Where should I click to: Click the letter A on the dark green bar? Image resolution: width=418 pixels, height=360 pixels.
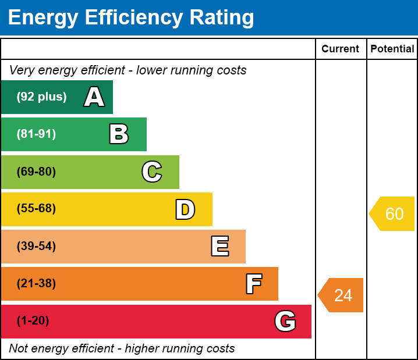coord(94,97)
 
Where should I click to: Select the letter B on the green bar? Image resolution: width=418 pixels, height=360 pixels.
coord(119,134)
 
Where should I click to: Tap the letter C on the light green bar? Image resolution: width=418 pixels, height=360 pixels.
coord(152,172)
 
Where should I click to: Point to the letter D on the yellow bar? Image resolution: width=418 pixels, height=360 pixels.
coord(185,209)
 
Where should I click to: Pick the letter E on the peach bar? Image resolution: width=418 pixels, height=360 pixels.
coord(219,247)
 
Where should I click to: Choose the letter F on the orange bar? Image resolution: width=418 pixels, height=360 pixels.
coord(253,284)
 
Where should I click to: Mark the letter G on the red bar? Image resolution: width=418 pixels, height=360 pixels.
coord(285,321)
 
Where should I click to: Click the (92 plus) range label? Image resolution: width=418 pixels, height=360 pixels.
coord(41,97)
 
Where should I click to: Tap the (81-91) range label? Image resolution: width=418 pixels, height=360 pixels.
coord(36,134)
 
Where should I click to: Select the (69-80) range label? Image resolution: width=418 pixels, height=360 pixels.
coord(36,172)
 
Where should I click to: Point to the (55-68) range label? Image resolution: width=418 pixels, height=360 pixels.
coord(36,209)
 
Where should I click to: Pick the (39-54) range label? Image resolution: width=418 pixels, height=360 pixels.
coord(36,246)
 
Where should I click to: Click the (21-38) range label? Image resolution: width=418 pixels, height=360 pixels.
coord(36,284)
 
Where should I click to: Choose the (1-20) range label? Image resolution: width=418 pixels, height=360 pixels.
coord(33,321)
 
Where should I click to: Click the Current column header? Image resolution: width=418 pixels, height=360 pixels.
coord(341,49)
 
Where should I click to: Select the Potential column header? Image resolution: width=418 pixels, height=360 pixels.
coord(392,49)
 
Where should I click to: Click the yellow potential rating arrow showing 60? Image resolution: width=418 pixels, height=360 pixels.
coord(392,214)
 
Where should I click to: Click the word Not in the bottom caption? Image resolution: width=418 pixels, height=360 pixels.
coord(19,349)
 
